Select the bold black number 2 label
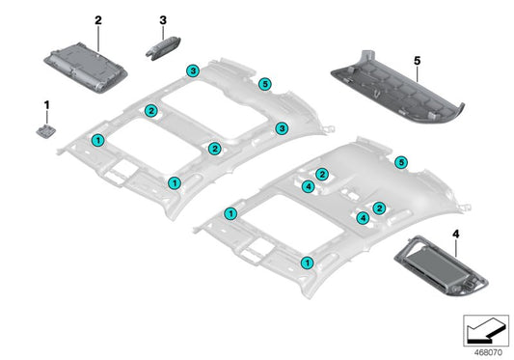pos(97,19)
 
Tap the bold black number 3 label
pos(162,19)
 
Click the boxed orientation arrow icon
pos(484,329)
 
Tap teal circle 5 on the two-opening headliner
pos(265,84)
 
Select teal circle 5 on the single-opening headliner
pos(401,163)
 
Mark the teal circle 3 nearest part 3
pos(193,71)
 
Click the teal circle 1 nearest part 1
pos(96,141)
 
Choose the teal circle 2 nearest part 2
pos(151,112)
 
